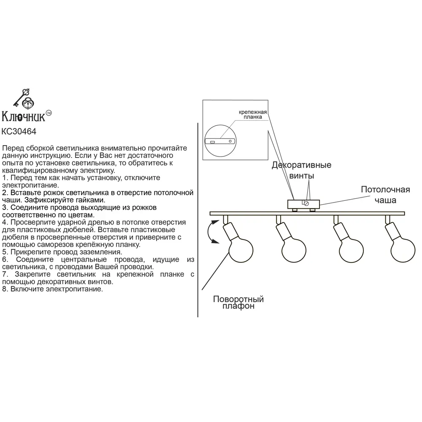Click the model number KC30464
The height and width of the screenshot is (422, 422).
pos(19,132)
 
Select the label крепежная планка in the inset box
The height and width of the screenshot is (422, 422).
pos(253,114)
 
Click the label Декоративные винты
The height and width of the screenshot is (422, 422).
pos(301,170)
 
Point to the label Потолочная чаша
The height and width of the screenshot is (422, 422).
pos(385,194)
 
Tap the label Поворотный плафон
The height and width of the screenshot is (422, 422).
pos(238,303)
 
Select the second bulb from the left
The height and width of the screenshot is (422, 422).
pos(294,250)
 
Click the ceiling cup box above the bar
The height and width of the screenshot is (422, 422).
pos(303,204)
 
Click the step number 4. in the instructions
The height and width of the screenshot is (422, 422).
pos(5,222)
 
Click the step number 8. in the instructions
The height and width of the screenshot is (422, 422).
pos(5,289)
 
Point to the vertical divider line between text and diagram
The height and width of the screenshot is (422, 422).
pos(198,219)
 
